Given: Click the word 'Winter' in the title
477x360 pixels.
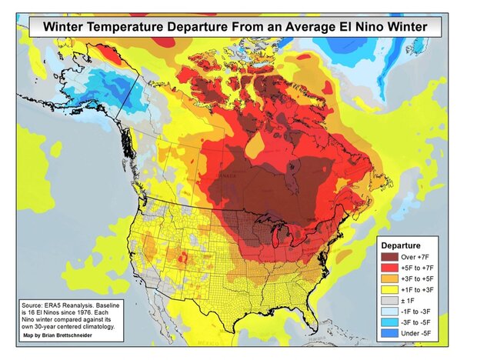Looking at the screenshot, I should (67, 28).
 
